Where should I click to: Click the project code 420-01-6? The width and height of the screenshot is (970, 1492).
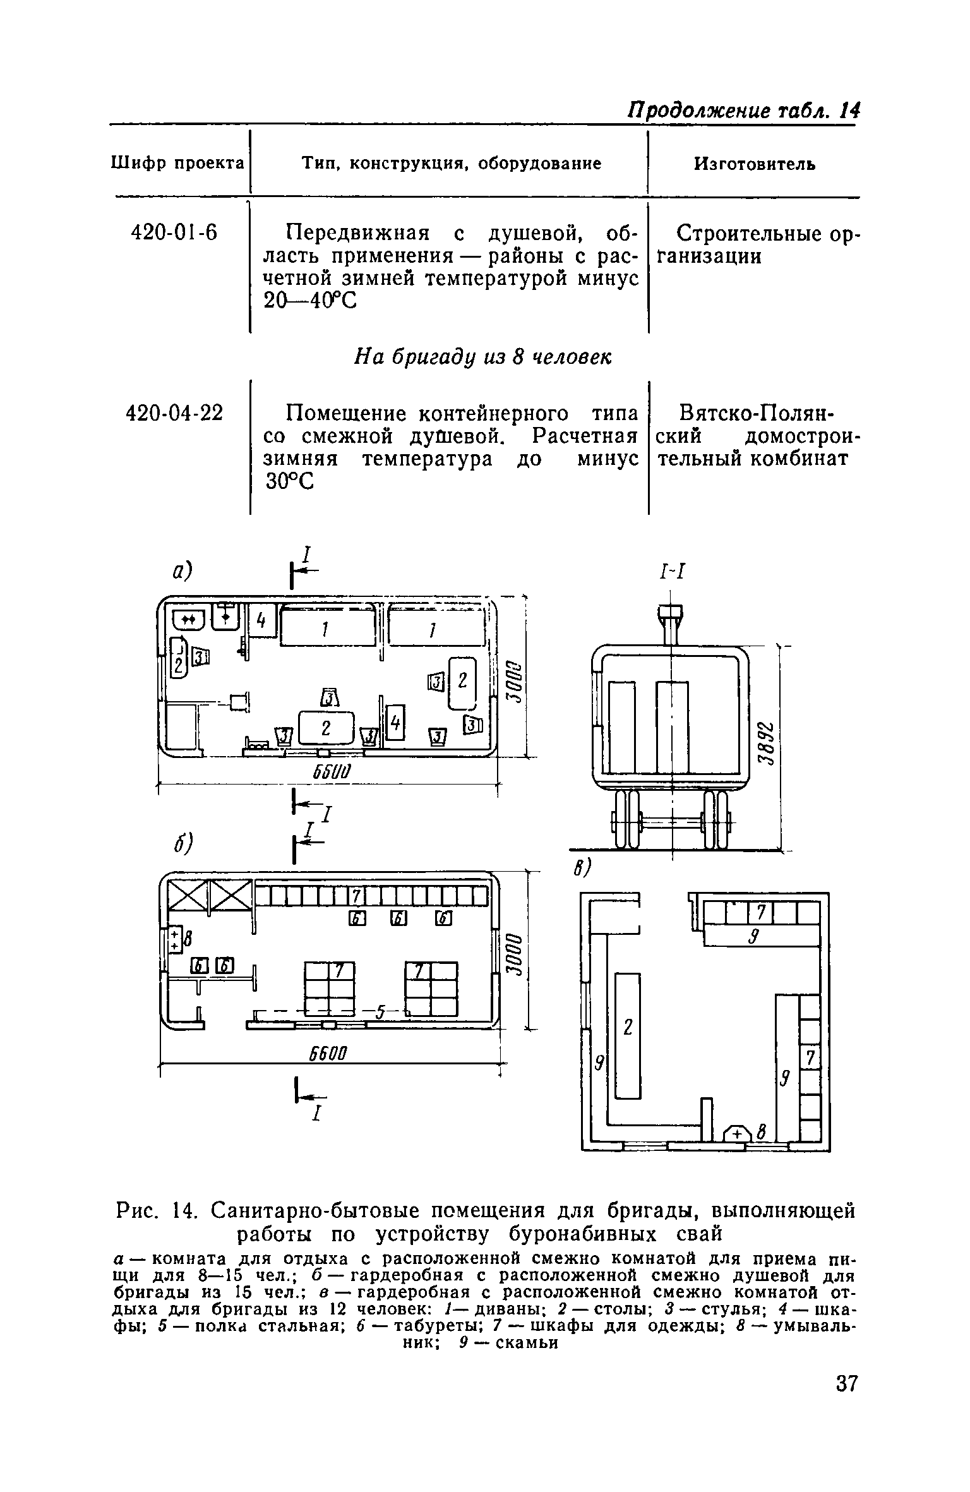coord(173,233)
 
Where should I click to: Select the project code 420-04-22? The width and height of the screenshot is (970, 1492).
coord(175,414)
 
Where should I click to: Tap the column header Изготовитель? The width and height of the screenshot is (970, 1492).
coord(755,164)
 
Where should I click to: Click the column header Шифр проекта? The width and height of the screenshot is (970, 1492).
coord(177,164)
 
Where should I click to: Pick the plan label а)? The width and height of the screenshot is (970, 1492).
coord(182,572)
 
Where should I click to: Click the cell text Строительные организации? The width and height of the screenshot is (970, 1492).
coord(758,245)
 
